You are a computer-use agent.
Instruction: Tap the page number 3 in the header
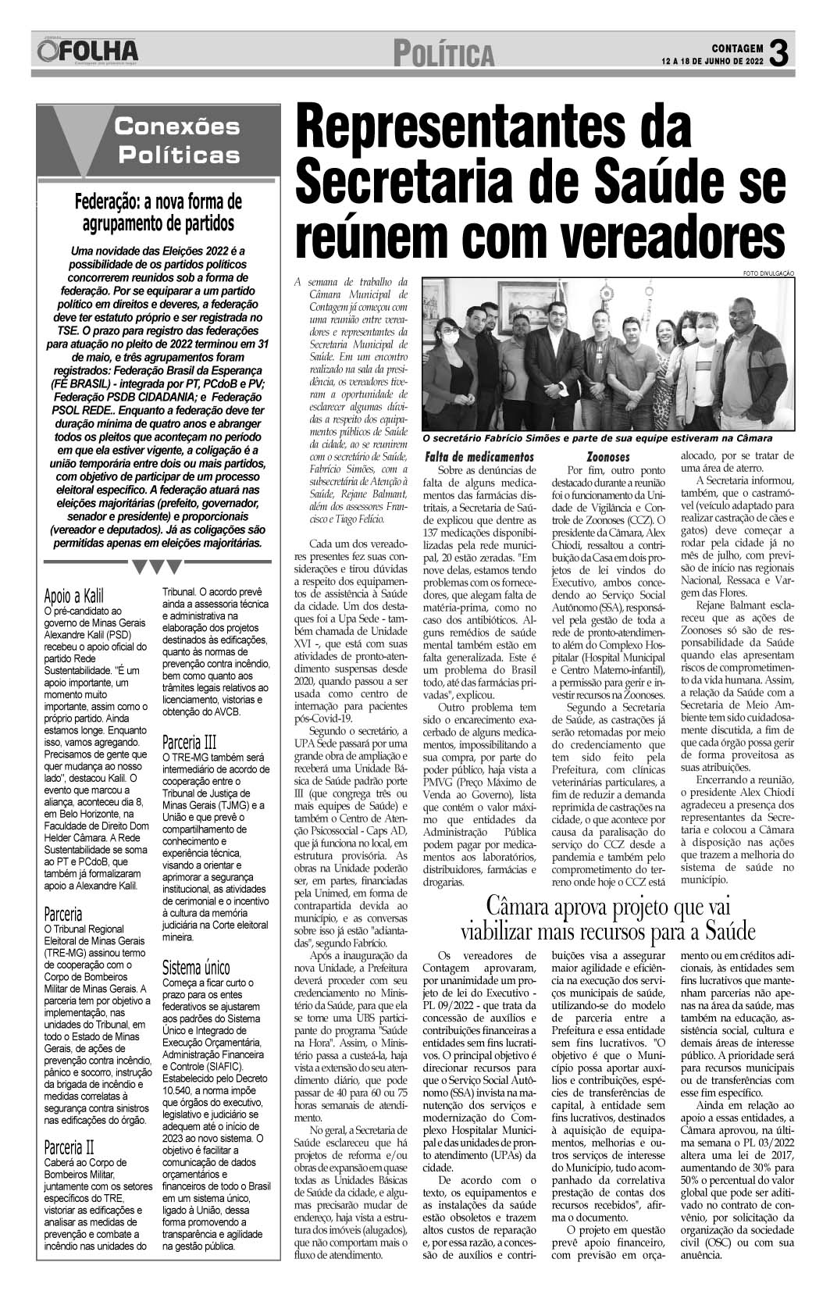(778, 53)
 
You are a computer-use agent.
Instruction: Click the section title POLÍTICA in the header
(444, 55)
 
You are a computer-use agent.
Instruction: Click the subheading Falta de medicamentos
(479, 456)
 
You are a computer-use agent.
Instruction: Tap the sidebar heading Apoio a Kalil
(74, 594)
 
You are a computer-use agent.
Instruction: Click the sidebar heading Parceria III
(190, 742)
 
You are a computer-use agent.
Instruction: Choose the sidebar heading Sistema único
(197, 968)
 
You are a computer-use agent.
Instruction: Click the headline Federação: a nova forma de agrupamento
(159, 212)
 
